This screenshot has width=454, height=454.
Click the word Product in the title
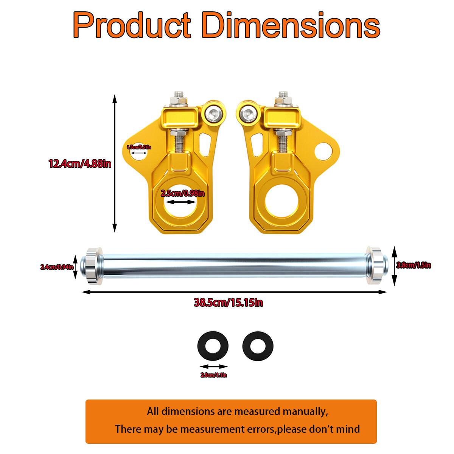(132, 25)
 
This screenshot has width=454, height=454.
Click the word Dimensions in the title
(291, 25)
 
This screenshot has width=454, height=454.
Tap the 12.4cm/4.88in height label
(80, 164)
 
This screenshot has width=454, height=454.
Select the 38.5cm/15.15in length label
(228, 303)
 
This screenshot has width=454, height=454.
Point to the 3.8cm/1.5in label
(414, 265)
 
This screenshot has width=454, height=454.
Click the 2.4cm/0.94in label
(57, 267)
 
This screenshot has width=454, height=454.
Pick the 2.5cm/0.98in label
(182, 193)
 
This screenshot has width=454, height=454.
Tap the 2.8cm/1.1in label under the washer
(214, 375)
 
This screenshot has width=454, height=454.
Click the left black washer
(213, 346)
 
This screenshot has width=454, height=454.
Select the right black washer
(258, 346)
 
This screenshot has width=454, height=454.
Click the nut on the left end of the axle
(93, 266)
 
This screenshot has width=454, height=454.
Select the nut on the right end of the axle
(375, 266)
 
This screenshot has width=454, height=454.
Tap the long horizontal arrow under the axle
(235, 292)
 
